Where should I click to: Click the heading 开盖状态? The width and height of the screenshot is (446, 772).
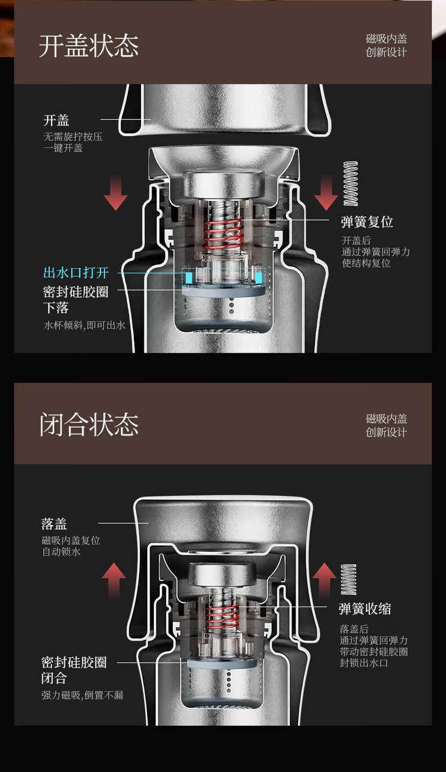coord(89,45)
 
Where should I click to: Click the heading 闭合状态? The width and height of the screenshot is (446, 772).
coord(89,424)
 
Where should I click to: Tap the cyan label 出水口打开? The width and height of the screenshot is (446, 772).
coord(76,272)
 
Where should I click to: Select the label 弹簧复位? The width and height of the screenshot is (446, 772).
coord(367,222)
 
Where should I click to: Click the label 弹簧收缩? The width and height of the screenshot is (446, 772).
coord(365,608)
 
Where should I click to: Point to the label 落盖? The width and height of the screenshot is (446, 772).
coord(54,524)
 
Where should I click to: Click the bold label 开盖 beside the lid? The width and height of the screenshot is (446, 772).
coord(56,120)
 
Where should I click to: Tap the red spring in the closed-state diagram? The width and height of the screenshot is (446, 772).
coord(222,617)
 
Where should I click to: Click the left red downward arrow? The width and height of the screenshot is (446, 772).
coord(115,192)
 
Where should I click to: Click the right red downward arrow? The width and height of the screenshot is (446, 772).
coord(326,192)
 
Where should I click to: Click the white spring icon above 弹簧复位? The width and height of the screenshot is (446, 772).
coord(350,184)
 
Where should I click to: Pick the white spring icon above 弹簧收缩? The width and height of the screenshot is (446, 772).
coord(348,579)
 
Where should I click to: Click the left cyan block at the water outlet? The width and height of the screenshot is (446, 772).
coord(189,278)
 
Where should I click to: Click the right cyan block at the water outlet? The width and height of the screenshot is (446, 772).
coord(259,278)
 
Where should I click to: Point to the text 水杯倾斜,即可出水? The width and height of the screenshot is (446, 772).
coord(84,325)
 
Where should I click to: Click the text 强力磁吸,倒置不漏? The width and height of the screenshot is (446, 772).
coord(83,695)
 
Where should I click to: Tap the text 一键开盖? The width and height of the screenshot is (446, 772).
coord(63,148)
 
